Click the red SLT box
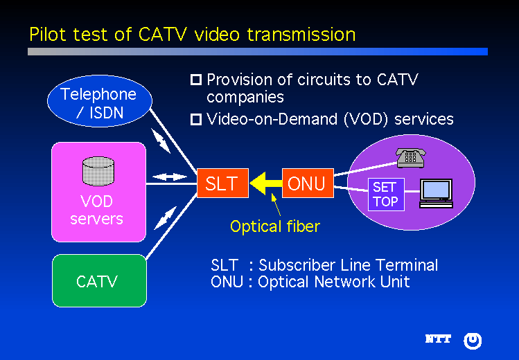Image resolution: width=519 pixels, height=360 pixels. point(221,183)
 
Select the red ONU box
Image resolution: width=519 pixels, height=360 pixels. point(308,183)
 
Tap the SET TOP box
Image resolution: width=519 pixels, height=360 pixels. point(385,194)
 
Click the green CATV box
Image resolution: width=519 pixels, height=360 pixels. point(99,281)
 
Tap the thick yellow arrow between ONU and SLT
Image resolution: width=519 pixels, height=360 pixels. point(265,183)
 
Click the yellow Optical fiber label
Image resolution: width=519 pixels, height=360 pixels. point(275,226)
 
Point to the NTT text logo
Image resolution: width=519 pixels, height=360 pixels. point(438,339)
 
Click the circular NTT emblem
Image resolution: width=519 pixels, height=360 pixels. point(473,340)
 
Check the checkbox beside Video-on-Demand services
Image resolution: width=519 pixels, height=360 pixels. point(196,120)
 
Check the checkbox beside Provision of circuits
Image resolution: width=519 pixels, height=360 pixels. point(196,80)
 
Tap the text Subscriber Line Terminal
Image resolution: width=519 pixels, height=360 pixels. point(348,265)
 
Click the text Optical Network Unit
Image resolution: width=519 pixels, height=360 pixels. point(334,282)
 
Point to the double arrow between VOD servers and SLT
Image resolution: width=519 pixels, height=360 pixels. point(170,177)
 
